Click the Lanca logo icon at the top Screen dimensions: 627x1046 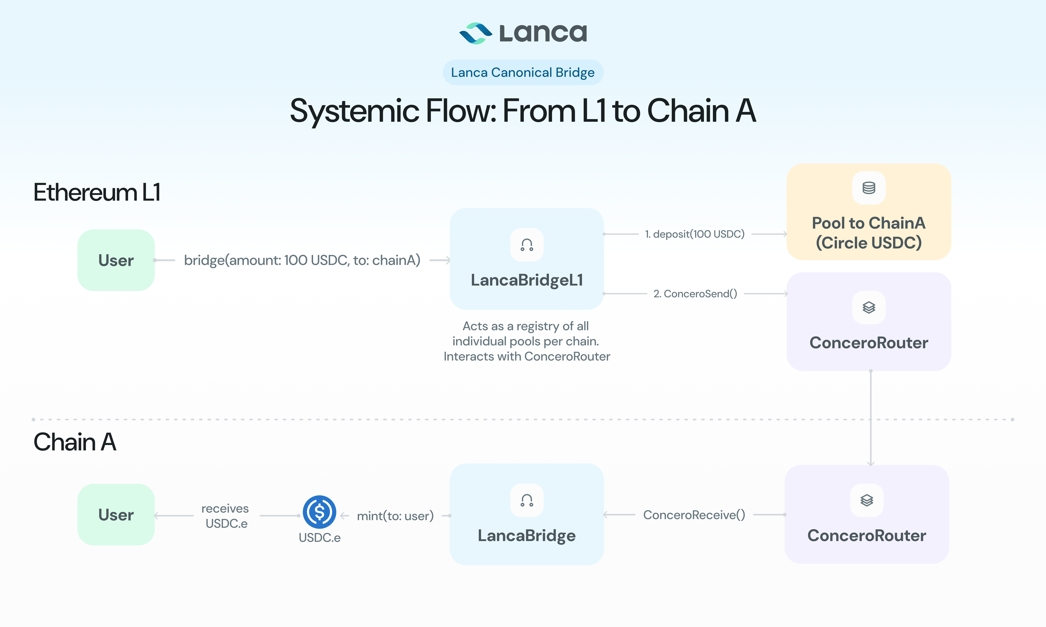476,33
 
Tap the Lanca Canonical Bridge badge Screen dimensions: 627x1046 523,73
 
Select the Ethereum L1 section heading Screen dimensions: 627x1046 97,193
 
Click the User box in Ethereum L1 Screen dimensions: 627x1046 116,260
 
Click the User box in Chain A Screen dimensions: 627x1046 116,515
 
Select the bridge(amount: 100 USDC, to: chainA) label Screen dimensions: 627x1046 302,260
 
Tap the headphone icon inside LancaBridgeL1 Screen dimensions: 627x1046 527,245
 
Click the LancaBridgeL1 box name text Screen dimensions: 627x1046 527,280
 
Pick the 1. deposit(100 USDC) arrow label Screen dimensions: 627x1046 695,234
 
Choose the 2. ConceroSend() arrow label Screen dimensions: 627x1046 695,294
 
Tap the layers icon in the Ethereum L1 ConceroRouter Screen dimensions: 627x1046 869,308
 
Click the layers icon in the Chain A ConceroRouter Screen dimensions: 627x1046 867,500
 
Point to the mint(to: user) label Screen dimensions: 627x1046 395,516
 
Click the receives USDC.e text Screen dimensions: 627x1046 226,516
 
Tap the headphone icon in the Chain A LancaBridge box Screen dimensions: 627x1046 527,500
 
